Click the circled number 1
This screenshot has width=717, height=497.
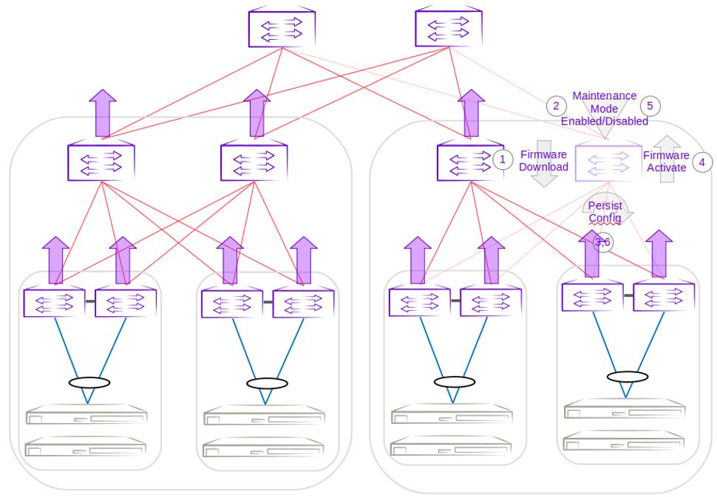tap(503, 160)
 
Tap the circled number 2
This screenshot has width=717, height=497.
tap(555, 105)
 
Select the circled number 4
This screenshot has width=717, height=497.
tap(702, 161)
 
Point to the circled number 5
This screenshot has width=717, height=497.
tap(650, 105)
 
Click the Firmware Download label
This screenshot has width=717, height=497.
tap(543, 161)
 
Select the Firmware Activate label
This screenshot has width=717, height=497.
tap(665, 161)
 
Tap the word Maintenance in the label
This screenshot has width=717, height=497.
tap(604, 96)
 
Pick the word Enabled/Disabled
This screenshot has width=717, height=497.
tap(604, 121)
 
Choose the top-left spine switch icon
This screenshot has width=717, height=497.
tap(282, 28)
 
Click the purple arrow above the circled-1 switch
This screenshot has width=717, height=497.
tap(471, 114)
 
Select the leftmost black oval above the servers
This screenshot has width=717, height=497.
tap(89, 383)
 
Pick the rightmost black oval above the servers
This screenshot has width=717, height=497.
tap(627, 377)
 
